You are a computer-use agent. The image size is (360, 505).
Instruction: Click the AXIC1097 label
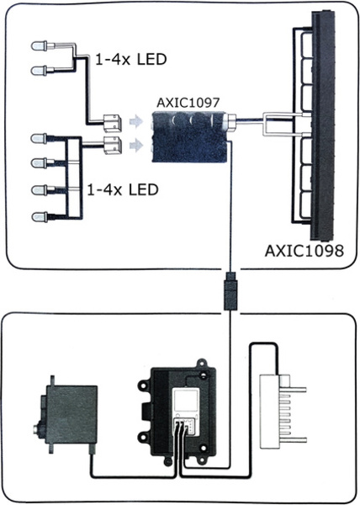(188, 103)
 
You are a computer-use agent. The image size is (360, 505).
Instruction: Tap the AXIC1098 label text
(304, 251)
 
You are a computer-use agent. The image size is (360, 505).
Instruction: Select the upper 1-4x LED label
(131, 59)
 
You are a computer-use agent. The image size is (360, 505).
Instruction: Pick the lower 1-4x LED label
(123, 189)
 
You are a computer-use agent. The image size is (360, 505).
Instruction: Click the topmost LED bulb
(39, 45)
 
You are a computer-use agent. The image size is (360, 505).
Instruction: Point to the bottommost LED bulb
(40, 217)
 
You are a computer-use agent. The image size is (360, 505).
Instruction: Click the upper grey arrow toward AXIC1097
(135, 121)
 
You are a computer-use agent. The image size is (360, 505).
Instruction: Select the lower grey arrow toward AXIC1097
(135, 146)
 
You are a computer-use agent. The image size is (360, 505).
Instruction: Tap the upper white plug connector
(112, 123)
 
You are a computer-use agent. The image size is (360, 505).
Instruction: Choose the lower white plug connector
(112, 146)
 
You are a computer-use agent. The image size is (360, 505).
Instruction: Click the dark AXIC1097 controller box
(189, 137)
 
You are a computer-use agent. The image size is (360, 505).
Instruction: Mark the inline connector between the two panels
(230, 291)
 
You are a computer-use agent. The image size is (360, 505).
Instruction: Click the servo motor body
(68, 415)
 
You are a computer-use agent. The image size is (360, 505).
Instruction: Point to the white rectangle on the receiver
(187, 401)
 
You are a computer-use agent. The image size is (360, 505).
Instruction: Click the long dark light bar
(323, 125)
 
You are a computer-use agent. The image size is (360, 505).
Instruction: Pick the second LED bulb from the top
(39, 70)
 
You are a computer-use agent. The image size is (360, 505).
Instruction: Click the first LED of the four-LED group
(39, 139)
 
